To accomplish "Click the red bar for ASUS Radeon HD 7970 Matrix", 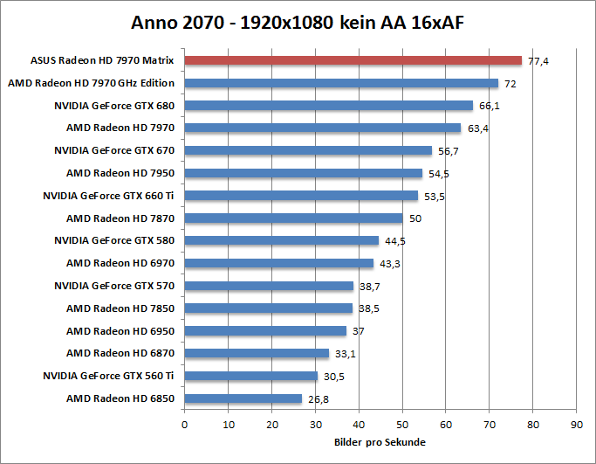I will coord(353,60).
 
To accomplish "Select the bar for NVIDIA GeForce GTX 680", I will coord(328,106).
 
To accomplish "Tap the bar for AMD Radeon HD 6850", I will coord(243,398).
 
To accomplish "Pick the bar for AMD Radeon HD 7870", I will coord(293,218).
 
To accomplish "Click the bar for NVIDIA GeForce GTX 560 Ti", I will coord(250,376).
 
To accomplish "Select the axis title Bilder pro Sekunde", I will coord(380,442).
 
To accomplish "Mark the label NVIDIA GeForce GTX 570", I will coord(114,286).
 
